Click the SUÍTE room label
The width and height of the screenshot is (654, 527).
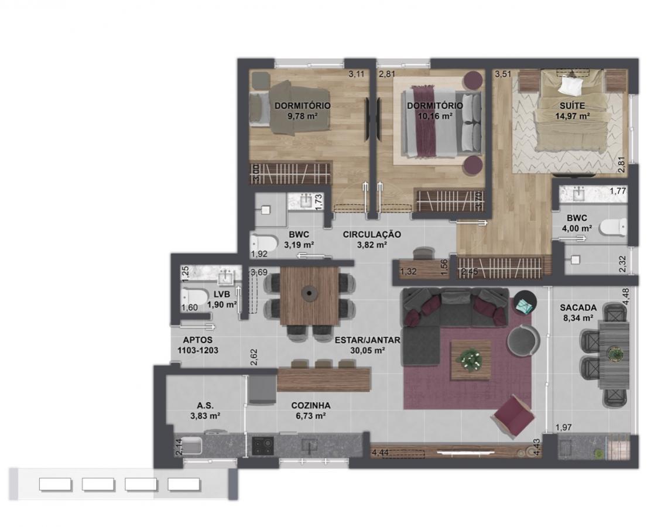click(572, 106)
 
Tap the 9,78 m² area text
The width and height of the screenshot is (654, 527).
click(302, 116)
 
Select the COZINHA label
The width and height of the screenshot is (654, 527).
click(311, 406)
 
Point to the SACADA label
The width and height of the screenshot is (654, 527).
click(578, 308)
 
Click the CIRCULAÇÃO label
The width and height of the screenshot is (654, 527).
click(372, 234)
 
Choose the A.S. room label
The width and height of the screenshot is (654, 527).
click(205, 406)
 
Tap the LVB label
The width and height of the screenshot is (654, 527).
click(222, 295)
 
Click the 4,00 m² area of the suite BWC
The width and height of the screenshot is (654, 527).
click(577, 228)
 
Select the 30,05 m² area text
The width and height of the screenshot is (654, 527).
click(367, 351)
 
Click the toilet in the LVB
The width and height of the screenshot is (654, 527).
click(195, 297)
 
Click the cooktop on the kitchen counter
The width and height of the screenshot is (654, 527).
click(263, 446)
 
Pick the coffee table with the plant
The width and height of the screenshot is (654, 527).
click(471, 360)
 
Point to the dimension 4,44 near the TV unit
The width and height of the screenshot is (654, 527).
click(381, 453)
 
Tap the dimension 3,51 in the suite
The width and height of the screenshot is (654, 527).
click(503, 75)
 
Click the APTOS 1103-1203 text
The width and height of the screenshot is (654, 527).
click(198, 345)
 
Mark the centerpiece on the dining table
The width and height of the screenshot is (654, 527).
click(309, 293)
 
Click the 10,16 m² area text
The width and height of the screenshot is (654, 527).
click(435, 116)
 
